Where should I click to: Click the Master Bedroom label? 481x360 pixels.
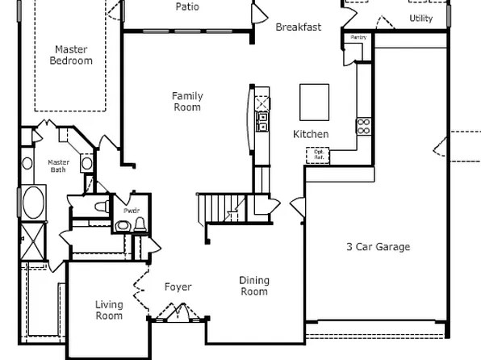tap(71, 54)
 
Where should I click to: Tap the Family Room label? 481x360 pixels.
tap(187, 101)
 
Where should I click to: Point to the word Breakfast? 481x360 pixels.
tap(298, 27)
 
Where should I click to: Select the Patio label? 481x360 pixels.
tap(187, 7)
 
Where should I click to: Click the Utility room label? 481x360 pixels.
tap(420, 18)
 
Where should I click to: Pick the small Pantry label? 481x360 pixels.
tap(358, 37)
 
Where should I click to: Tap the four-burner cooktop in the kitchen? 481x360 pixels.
tap(363, 125)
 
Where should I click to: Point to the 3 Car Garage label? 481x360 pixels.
tap(378, 247)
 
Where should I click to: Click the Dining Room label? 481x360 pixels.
tap(254, 286)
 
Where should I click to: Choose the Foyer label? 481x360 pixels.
tap(178, 287)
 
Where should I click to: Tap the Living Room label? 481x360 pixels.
tap(109, 310)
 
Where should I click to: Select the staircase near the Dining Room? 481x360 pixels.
tap(223, 210)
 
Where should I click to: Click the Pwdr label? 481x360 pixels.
tap(131, 211)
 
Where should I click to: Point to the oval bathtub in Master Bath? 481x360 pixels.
tap(33, 202)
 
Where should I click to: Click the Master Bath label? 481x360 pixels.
tap(59, 165)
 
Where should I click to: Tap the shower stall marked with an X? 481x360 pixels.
tap(33, 240)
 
